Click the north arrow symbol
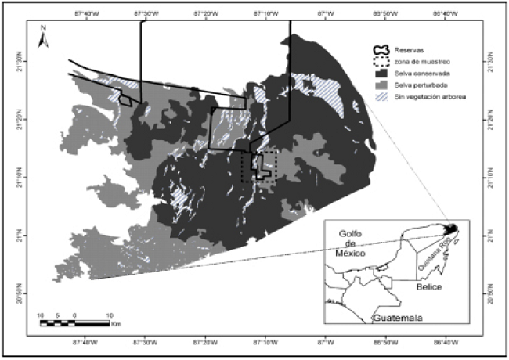45,38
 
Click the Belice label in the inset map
430,288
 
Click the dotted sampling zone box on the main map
259,167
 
